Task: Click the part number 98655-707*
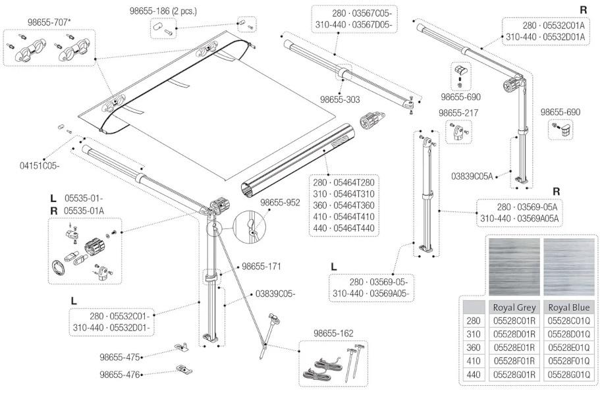50,22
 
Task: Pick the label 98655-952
283,202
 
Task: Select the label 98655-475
120,357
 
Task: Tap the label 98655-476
120,375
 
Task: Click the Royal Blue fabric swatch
568,266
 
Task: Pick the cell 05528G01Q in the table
568,374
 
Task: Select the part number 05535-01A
84,211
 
